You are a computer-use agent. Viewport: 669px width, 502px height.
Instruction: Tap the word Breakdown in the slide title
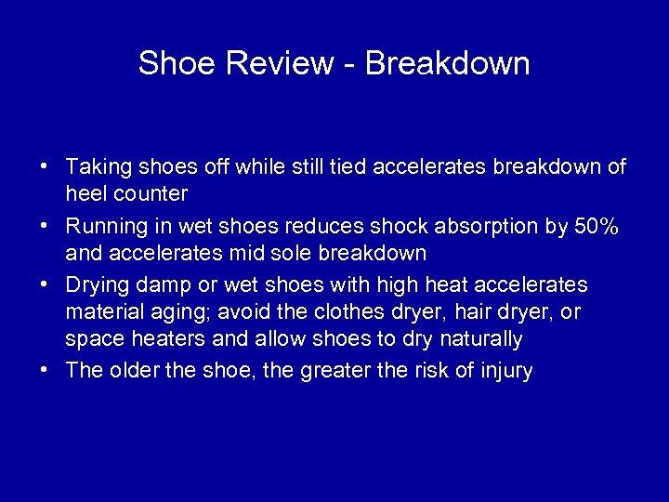(x=447, y=63)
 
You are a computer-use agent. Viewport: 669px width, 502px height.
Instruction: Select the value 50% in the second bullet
(x=598, y=226)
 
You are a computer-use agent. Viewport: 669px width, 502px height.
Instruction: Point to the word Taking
(x=100, y=167)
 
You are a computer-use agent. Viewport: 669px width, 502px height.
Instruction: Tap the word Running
(x=108, y=226)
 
